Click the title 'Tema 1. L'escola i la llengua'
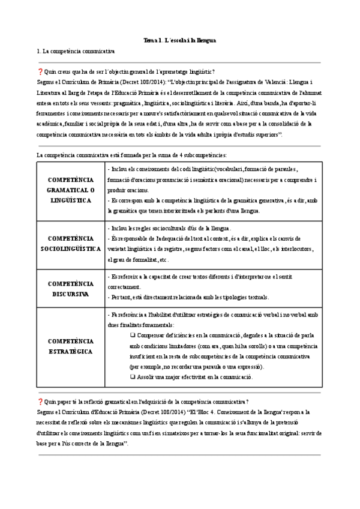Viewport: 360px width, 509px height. pyautogui.click(x=180, y=40)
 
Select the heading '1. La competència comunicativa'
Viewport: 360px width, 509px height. pyautogui.click(x=76, y=52)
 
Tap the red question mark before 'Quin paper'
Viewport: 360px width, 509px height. pyautogui.click(x=40, y=385)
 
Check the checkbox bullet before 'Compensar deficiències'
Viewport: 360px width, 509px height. pyautogui.click(x=133, y=336)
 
